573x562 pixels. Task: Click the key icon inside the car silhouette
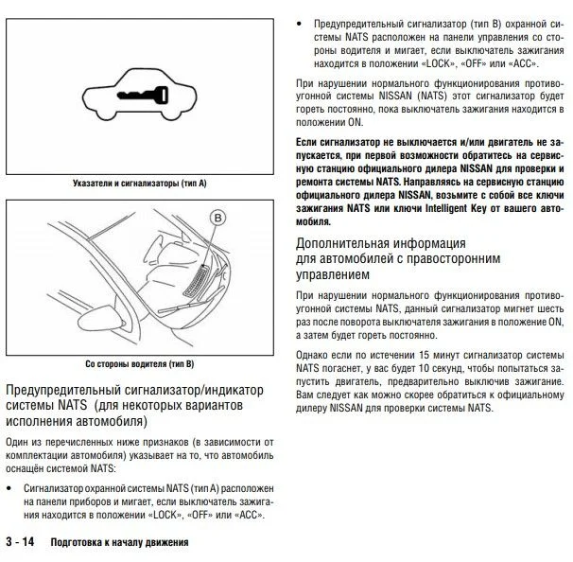[x=138, y=95]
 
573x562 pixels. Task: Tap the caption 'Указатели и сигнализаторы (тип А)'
[x=138, y=180]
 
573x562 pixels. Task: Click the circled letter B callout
[x=220, y=220]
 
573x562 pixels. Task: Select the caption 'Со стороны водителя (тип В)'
[x=138, y=362]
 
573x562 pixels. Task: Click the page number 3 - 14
[x=21, y=543]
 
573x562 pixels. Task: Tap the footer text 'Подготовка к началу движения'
[x=120, y=544]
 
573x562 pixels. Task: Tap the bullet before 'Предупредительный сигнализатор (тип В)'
[x=300, y=21]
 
